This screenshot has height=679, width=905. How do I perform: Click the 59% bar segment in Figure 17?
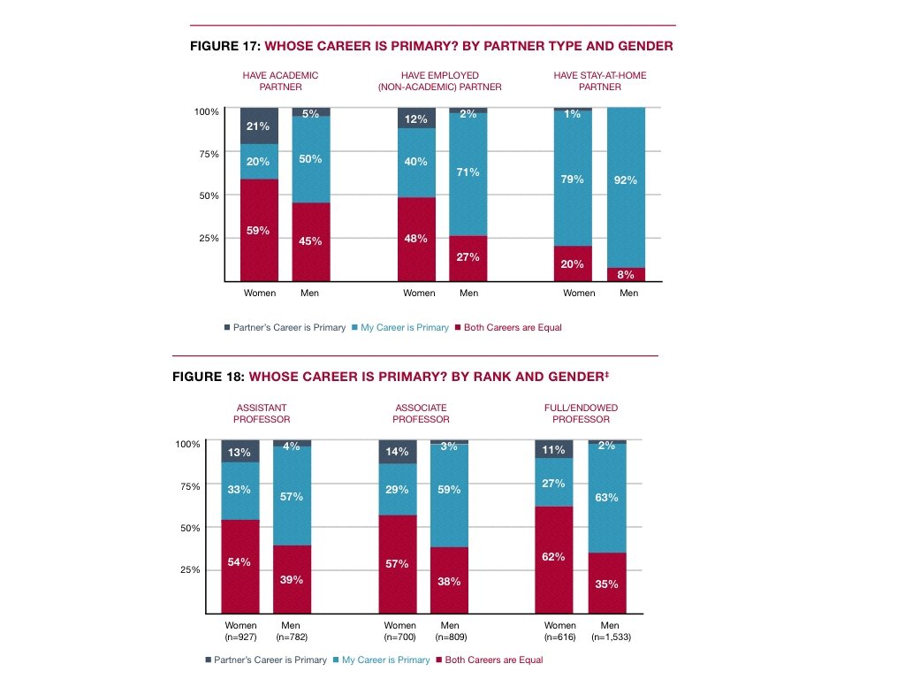[259, 230]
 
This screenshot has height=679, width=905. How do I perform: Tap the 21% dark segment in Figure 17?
[259, 126]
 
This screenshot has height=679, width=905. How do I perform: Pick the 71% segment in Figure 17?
[468, 173]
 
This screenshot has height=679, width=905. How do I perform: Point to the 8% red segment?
[626, 274]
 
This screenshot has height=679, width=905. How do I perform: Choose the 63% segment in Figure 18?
[607, 497]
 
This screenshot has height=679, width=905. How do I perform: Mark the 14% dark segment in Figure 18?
[398, 452]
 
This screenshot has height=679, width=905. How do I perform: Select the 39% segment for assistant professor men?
[292, 579]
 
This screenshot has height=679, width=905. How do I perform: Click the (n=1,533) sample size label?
[607, 637]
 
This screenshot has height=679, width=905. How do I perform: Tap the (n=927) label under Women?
[240, 637]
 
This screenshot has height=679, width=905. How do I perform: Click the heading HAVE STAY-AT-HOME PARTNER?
[600, 81]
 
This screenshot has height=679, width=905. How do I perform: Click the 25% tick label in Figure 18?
[190, 570]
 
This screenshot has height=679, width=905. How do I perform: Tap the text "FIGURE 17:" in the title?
[225, 46]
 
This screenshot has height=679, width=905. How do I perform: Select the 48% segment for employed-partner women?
[415, 239]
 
